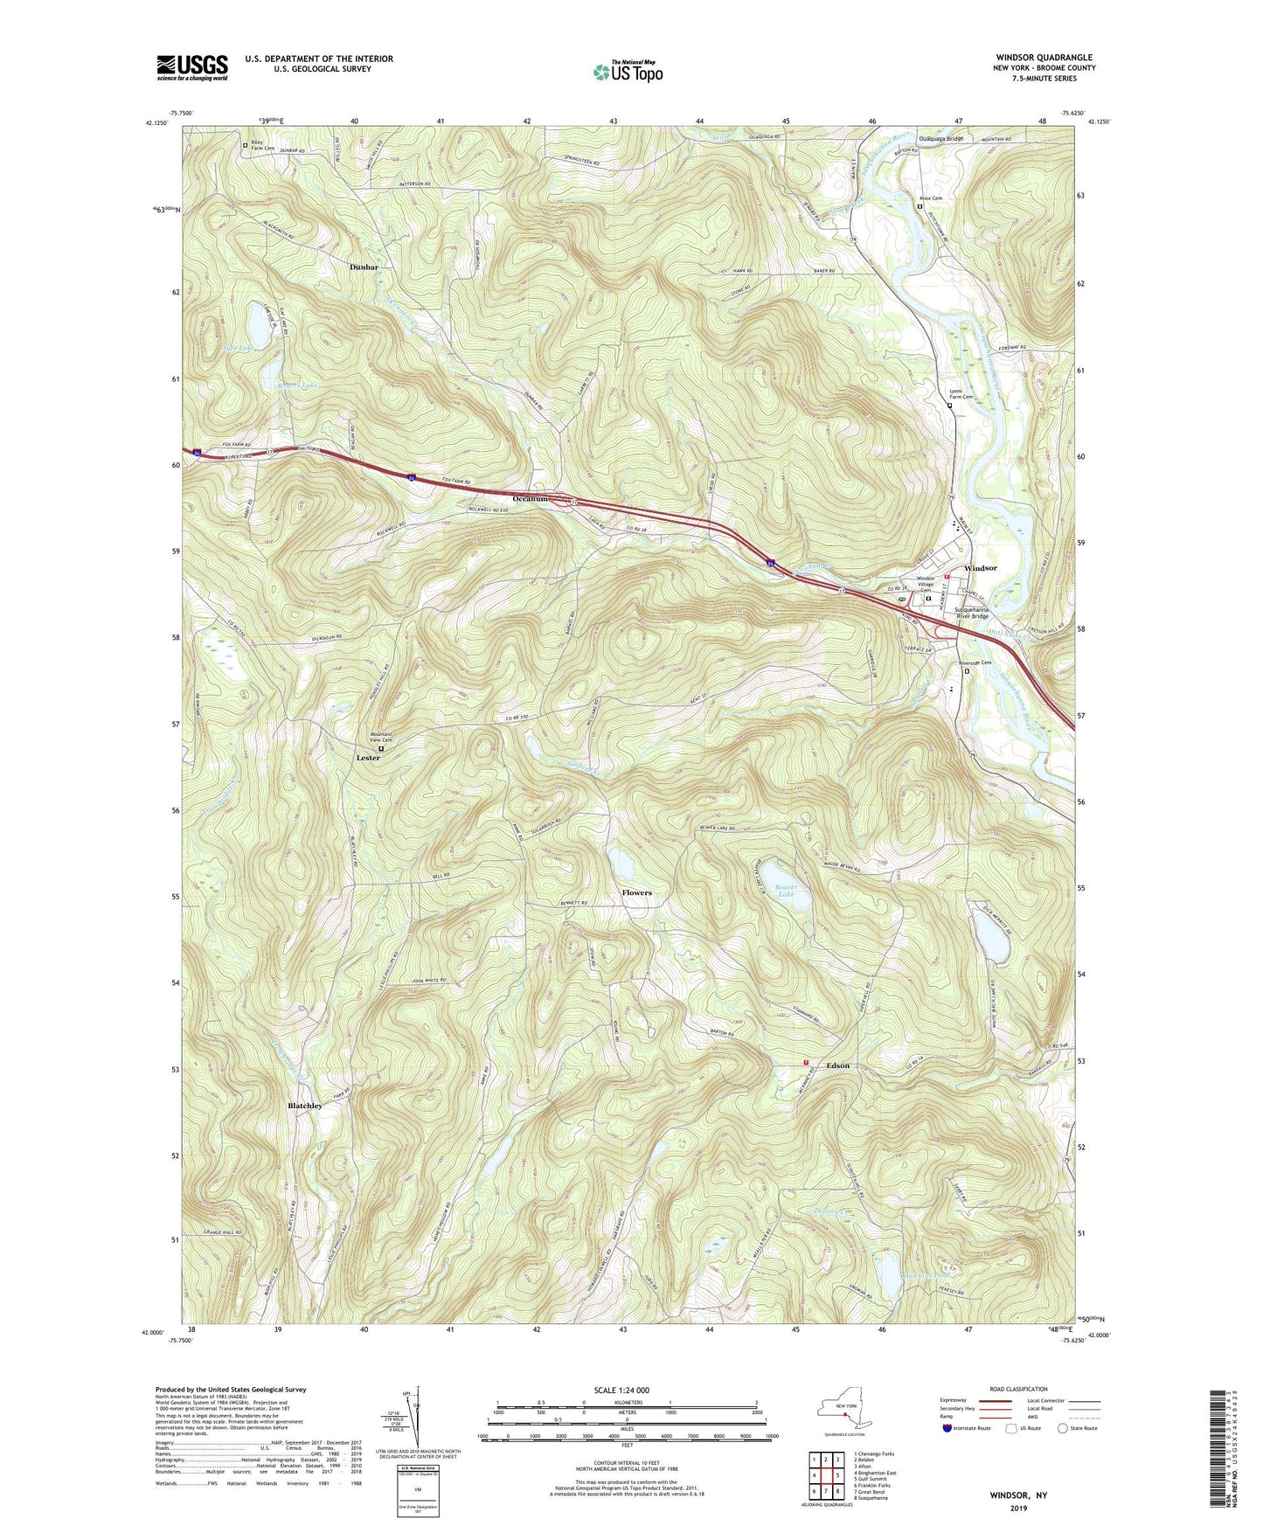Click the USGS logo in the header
click(x=191, y=67)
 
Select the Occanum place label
click(x=530, y=499)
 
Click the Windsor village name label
click(x=980, y=568)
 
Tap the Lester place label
click(x=368, y=758)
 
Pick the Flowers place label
click(x=636, y=892)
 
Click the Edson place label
click(x=837, y=1065)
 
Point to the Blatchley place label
click(x=305, y=1106)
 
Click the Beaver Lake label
click(x=793, y=891)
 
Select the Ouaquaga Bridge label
click(x=940, y=139)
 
